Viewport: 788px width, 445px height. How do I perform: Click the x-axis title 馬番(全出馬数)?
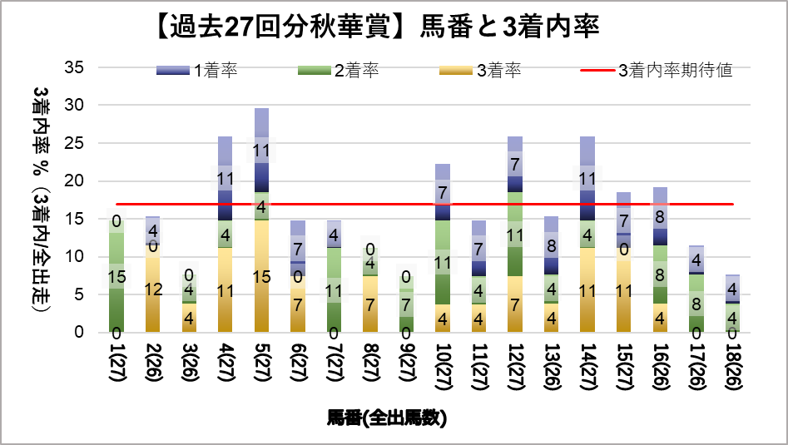pos(387,418)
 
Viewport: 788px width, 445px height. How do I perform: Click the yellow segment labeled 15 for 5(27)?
pos(262,276)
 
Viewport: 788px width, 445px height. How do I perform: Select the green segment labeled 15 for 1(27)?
pos(117,276)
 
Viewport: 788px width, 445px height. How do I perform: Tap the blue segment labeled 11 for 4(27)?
pos(225,179)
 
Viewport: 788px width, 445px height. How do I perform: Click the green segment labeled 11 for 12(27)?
pos(516,235)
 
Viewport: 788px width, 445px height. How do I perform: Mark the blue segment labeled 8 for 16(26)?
pos(660,216)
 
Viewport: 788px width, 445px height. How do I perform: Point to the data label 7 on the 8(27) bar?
pos(370,304)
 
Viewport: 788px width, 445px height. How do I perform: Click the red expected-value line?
pos(416,204)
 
